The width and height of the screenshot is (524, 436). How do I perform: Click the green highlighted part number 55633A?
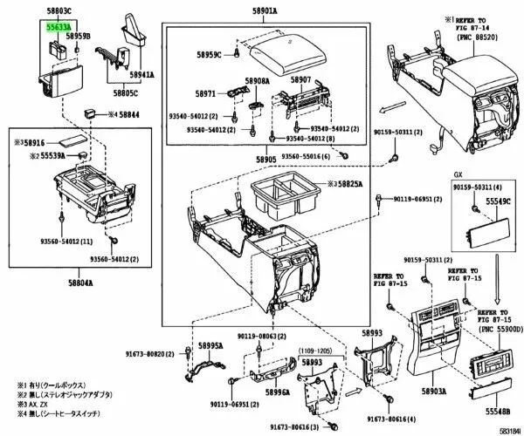point(59,27)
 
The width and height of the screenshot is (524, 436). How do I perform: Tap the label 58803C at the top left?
point(59,12)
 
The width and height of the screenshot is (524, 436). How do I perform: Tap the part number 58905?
point(265,160)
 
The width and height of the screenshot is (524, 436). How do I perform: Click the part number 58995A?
point(210,345)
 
